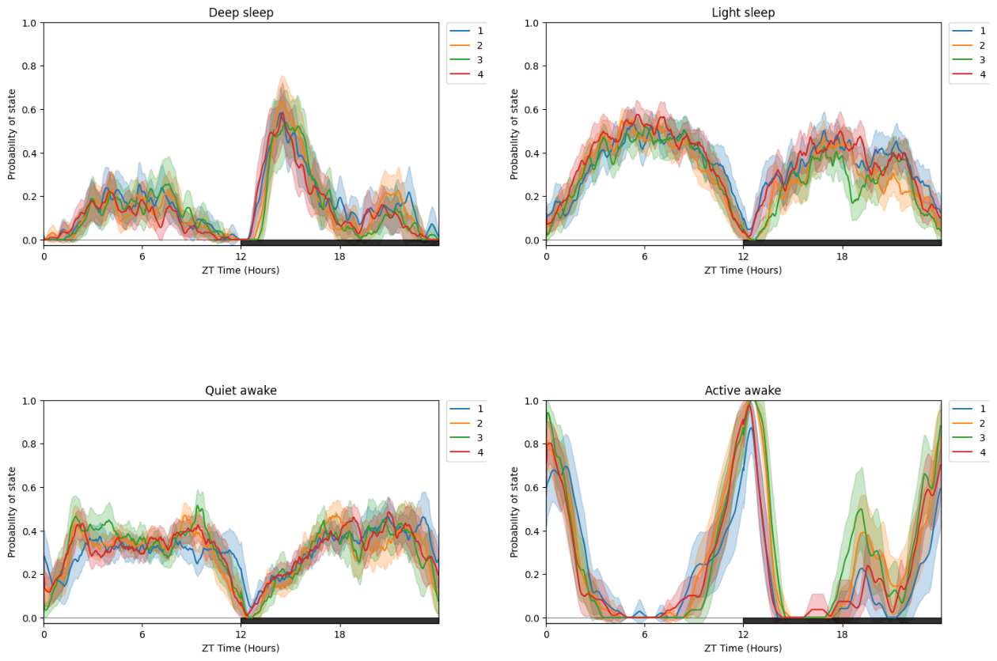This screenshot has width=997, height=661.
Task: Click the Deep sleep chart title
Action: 241,13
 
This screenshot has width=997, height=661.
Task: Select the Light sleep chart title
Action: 743,13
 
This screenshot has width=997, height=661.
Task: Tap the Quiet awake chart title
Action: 241,391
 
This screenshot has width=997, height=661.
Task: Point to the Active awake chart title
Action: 743,391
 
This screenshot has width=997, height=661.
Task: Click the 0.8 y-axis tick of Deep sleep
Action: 30,66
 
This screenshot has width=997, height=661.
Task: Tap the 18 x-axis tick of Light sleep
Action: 842,256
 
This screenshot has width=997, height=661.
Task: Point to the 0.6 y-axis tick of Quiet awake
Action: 30,488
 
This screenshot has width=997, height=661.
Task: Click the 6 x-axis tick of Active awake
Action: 644,634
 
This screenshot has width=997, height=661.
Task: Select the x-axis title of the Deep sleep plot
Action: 241,270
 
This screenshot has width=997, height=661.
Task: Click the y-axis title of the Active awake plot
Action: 515,512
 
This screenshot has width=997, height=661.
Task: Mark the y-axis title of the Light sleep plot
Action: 515,134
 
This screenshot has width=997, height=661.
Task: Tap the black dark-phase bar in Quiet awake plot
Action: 339,621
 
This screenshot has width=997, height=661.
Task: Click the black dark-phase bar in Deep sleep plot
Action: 339,243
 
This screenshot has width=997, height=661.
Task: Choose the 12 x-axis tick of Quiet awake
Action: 241,634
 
